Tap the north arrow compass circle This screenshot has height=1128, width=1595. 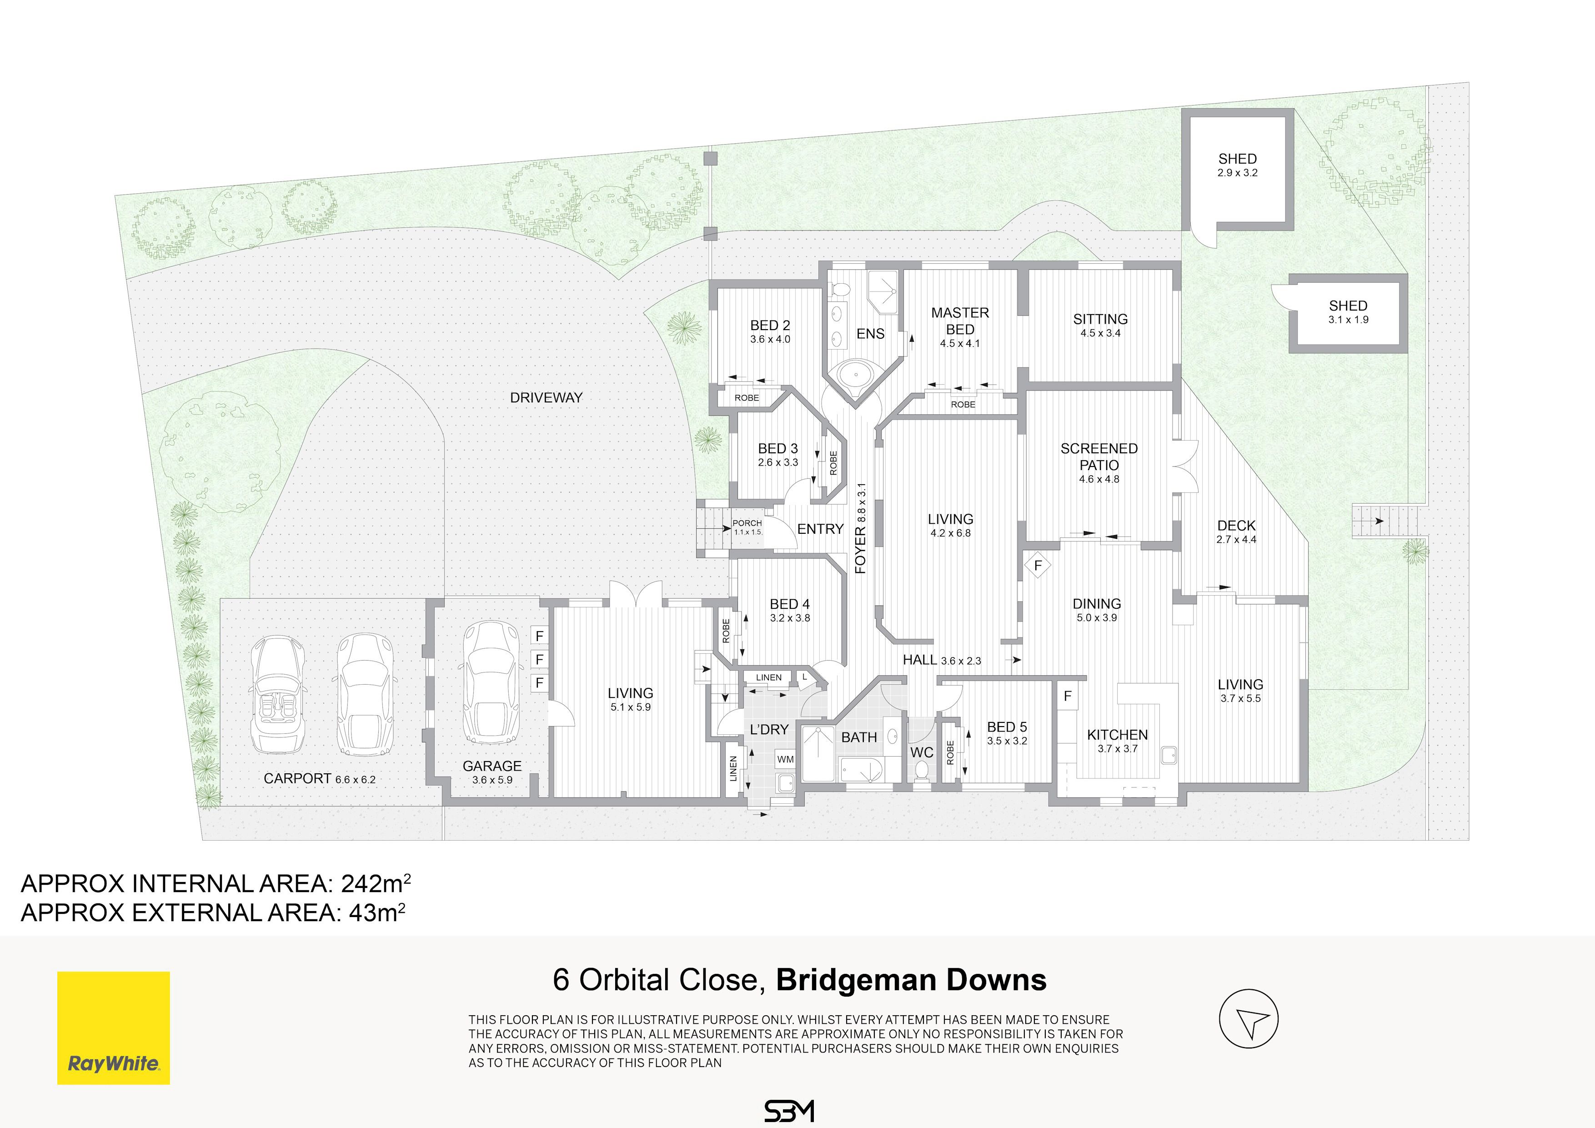coord(1249,1019)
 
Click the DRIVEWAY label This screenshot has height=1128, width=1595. coord(546,398)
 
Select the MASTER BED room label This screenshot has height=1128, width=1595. coord(960,321)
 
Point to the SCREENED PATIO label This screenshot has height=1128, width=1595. coord(1099,456)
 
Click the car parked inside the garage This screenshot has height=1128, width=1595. coord(491,683)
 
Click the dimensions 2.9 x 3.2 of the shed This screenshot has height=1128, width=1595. coord(1237,173)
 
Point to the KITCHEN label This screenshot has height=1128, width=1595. coord(1117,734)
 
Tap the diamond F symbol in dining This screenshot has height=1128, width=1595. coord(1038,566)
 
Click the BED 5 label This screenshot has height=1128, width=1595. coord(1007,727)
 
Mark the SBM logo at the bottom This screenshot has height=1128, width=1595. coord(788,1111)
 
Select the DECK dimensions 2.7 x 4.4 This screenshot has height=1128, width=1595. coord(1237,540)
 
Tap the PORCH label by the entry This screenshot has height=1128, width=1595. coord(747,523)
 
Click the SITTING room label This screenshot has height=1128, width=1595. coord(1100,319)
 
